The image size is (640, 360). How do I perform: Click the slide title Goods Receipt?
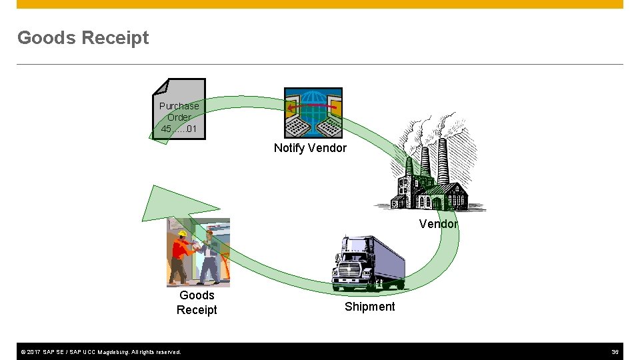point(83,38)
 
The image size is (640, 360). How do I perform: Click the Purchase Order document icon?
point(179,109)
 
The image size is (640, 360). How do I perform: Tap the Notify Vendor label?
point(310,148)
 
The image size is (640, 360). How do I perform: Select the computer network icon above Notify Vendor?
point(313,113)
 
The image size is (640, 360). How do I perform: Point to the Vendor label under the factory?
point(438,224)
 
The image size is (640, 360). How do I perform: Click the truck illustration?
point(368,264)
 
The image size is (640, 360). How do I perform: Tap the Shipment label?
point(369,307)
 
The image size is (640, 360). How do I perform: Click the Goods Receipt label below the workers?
point(197,302)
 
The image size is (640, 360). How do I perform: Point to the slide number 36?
point(615,351)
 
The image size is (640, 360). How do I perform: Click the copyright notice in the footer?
point(100,351)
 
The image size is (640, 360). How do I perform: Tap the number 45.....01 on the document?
point(179,129)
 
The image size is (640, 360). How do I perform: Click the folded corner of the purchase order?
point(160,87)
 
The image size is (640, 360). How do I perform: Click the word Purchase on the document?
point(179,106)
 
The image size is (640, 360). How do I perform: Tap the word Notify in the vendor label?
point(290,148)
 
